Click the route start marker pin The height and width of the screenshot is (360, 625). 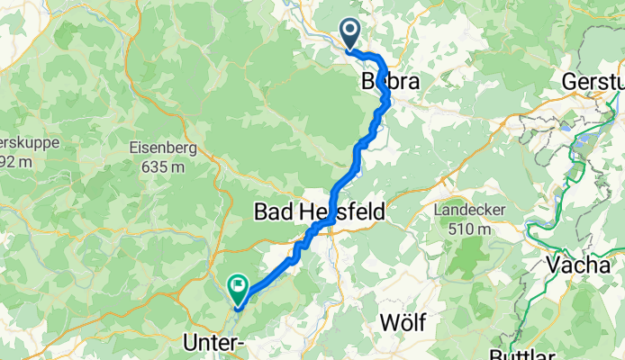click(349, 33)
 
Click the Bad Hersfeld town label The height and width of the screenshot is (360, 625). click(320, 212)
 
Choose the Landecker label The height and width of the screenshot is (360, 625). click(468, 210)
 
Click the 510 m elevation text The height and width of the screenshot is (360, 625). click(468, 229)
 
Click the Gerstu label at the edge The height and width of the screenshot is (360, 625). click(593, 81)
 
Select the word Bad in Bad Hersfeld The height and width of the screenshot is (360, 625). click(274, 212)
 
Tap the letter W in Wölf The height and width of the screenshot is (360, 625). click(387, 322)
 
